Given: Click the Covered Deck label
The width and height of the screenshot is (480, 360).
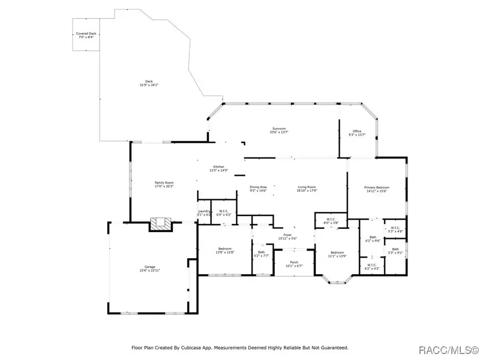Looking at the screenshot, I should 86,34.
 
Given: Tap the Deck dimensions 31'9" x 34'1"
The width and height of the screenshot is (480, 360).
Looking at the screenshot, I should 142,85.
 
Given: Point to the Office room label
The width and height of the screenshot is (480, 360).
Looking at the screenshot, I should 357,131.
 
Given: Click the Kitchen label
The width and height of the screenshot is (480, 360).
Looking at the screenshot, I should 219,166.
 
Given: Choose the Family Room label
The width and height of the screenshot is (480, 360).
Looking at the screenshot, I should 164,183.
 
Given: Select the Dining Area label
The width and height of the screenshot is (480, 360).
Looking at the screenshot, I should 258,187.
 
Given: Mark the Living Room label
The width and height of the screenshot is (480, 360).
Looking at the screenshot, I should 307,187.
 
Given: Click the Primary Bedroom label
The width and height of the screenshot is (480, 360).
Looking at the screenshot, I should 377,187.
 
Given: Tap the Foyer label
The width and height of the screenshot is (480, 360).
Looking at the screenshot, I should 287,235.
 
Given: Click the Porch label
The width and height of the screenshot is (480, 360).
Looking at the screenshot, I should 294,262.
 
